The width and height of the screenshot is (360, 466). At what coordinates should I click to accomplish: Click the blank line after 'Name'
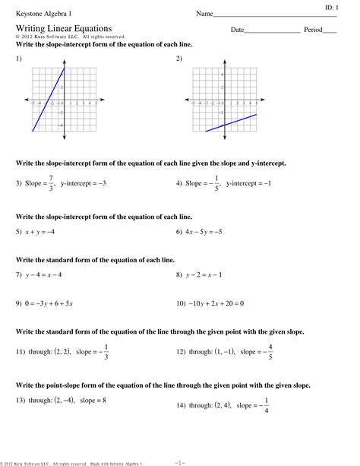click(274, 15)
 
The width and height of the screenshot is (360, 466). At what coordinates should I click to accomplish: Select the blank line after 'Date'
click(272, 31)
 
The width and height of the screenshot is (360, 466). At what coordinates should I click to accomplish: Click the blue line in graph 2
click(231, 123)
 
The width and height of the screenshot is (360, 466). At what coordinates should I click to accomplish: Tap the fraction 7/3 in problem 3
click(50, 183)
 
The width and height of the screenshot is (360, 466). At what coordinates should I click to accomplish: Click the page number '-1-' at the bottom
click(179, 461)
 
